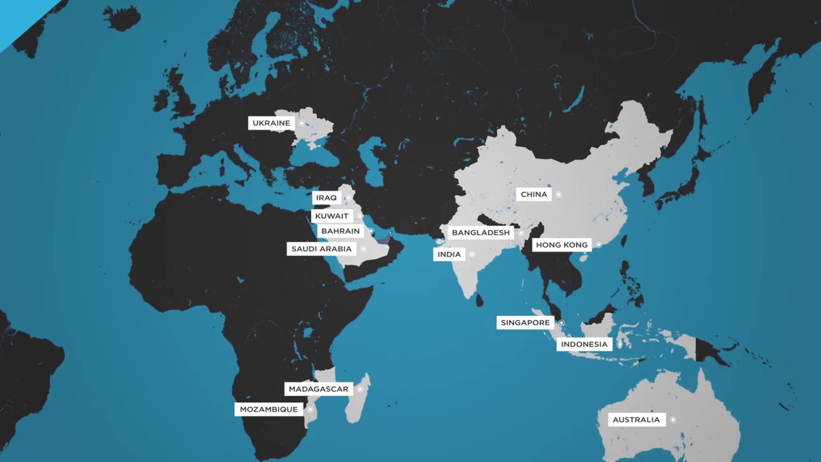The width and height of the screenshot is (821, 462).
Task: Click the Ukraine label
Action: point(271,123)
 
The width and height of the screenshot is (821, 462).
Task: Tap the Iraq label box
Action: point(326,198)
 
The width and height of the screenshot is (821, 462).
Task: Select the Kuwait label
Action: point(332,216)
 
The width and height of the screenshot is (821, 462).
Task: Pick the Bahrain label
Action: point(341,231)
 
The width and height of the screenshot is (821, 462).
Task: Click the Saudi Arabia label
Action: point(321,249)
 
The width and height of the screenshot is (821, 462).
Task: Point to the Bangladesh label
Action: point(480,232)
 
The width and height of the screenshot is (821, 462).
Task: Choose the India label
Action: point(449,255)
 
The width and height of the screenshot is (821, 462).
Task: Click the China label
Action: point(534,194)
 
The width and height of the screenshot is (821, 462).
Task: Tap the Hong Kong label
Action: point(562,245)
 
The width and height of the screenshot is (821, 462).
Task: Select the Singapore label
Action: point(525,323)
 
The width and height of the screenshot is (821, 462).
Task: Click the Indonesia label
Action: point(584,345)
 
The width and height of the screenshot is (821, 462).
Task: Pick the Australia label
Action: point(636,420)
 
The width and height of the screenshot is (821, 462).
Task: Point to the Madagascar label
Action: point(318,389)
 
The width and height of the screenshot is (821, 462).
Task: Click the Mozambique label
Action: point(269,409)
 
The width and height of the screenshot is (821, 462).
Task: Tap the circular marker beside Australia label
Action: point(673,420)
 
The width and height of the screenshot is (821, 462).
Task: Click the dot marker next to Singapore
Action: point(561,323)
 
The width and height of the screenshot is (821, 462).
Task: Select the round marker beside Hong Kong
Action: point(598,245)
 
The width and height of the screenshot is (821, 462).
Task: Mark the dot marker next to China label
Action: point(559,194)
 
